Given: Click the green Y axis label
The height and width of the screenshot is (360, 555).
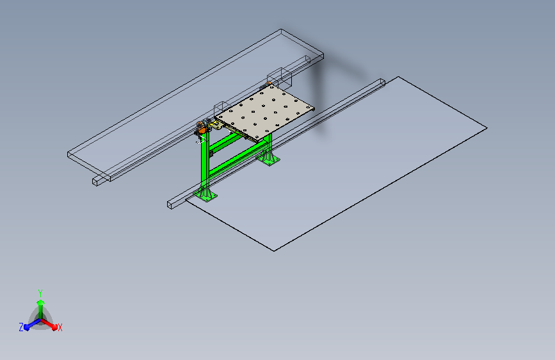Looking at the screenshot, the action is tap(40, 293).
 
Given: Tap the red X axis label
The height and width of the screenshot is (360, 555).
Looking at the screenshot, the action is tap(60, 327).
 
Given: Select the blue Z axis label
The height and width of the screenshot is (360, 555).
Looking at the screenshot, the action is tap(21, 327).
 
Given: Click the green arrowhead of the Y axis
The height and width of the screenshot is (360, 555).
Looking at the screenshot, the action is tap(41, 302).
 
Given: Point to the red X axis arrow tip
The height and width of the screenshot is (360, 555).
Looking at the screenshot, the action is tap(54, 327).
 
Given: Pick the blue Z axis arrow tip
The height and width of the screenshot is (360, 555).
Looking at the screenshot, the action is tap(27, 327).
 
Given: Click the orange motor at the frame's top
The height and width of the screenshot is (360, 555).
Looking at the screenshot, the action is tap(202, 126).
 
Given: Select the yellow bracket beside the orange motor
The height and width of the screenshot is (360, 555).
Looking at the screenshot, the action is tap(216, 124).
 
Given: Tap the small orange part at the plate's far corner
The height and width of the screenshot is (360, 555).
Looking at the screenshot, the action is tap(268, 84).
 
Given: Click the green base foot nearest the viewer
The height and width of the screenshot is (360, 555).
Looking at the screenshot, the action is tap(205, 195).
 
